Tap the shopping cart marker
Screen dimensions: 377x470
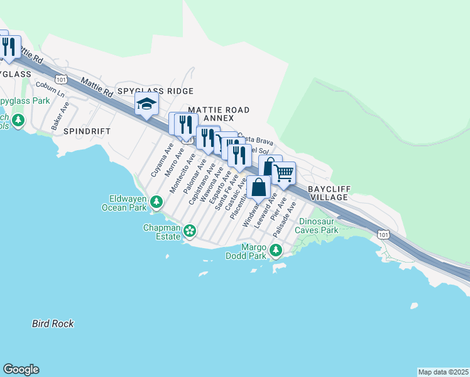click(284, 173)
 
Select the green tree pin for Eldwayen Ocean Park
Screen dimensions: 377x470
click(156, 202)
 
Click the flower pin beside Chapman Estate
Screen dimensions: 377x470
click(190, 232)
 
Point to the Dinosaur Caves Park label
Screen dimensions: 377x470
click(319, 226)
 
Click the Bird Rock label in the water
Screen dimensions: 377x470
click(53, 324)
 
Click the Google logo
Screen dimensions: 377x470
click(21, 369)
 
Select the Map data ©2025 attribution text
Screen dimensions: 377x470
click(443, 372)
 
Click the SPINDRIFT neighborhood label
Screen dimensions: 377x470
click(87, 131)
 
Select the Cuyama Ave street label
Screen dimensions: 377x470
click(160, 160)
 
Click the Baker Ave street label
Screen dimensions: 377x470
click(61, 113)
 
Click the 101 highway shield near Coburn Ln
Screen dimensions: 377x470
click(61, 79)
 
